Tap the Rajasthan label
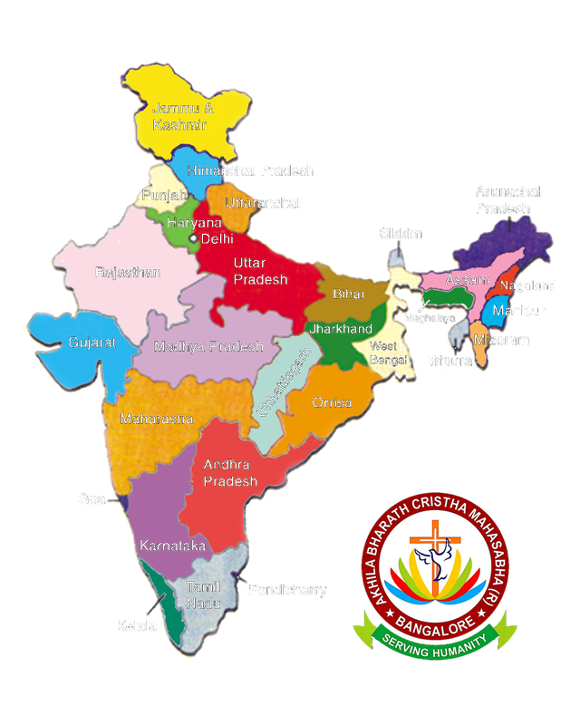128,272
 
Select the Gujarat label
92,343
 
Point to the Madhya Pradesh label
208,346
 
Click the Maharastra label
149,420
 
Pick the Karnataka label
171,546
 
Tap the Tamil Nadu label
203,594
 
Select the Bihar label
349,295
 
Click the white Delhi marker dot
193,238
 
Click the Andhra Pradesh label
229,473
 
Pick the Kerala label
134,625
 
